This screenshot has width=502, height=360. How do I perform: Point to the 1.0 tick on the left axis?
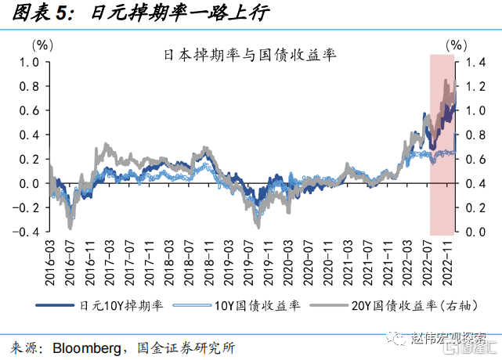click(28, 62)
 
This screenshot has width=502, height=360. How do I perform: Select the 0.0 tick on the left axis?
click(28, 183)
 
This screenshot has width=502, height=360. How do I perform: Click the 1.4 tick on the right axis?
click(475, 62)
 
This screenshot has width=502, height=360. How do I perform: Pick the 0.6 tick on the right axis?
click(475, 159)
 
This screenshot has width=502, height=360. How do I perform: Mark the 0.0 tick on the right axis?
click(475, 232)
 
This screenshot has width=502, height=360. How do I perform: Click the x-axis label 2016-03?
click(51, 261)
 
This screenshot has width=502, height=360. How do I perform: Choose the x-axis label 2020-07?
click(309, 261)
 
